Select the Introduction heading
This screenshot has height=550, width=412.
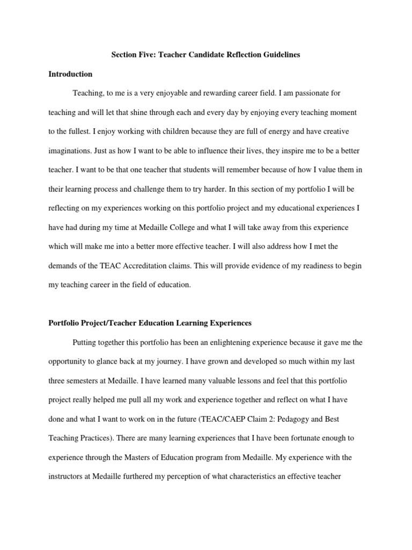tap(70, 74)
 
